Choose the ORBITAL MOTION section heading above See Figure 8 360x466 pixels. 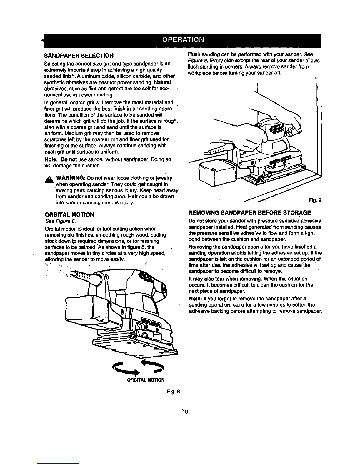pyautogui.click(x=69, y=214)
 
